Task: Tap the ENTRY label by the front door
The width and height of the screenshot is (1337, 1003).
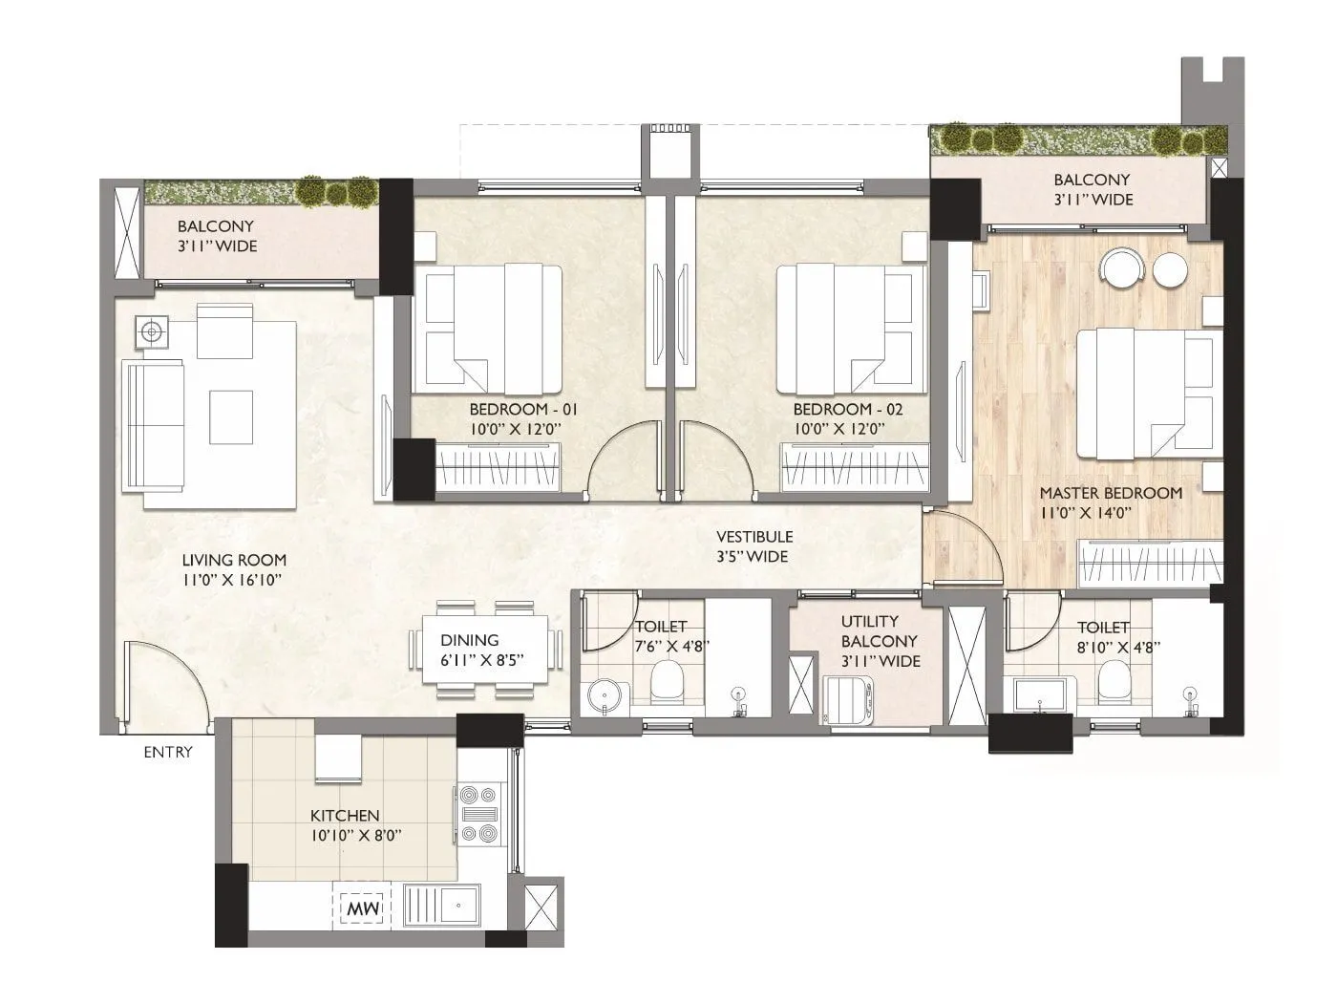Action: coord(168,752)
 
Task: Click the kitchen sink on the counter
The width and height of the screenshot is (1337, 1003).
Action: coord(446,904)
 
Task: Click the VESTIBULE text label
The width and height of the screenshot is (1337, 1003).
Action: coord(754,537)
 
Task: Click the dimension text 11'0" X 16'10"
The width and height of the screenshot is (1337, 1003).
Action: coord(233,580)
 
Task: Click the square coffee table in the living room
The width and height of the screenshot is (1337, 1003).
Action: coord(231,417)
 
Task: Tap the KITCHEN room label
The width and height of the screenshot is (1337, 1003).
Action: coord(345,816)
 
